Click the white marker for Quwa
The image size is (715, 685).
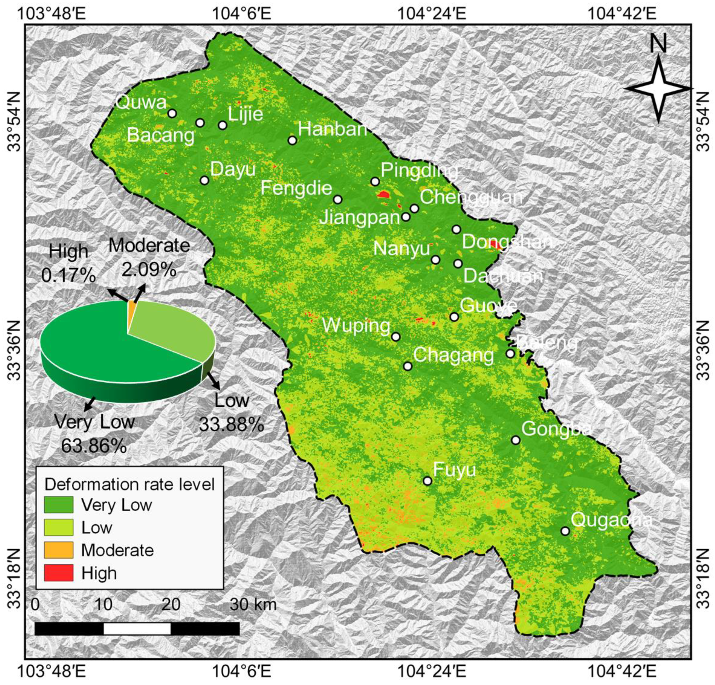point(172,114)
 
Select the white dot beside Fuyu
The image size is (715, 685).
point(427,481)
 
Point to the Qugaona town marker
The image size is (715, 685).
point(565,531)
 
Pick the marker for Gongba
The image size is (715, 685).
point(515,440)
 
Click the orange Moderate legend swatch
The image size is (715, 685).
point(59,550)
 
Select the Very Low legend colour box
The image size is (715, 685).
point(59,505)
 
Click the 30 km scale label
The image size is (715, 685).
point(253,605)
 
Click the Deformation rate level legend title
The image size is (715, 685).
point(129,484)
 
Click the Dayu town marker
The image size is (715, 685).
point(204,180)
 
